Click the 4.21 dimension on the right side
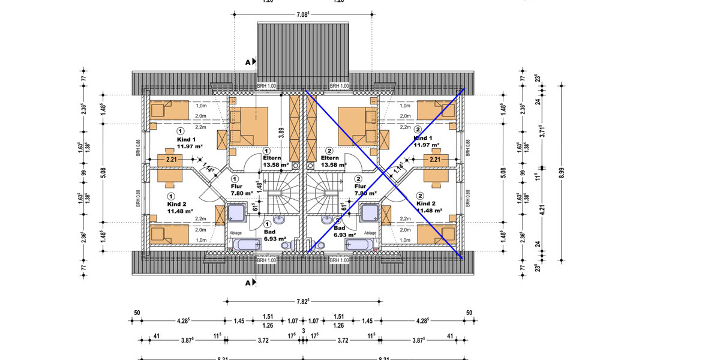542,210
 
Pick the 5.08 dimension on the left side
103,173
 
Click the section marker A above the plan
248,61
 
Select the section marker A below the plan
248,281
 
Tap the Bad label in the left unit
269,231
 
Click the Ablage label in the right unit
370,233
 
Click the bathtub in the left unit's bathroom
245,244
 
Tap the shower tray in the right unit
370,214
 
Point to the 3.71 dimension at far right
542,131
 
